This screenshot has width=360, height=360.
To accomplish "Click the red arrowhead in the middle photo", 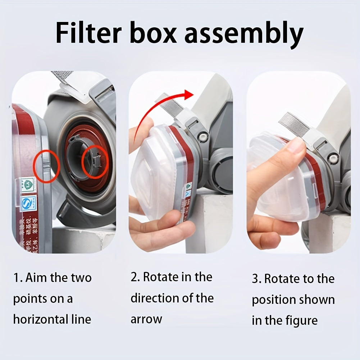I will coord(187,95).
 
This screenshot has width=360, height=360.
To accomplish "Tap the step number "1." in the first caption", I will coord(18,278).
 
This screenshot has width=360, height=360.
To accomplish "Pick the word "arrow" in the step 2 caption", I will coord(146,319).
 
